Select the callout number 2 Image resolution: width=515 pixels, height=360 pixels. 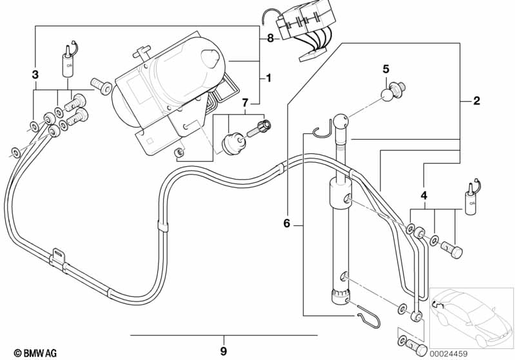[476, 100]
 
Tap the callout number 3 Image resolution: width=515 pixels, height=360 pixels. [35, 75]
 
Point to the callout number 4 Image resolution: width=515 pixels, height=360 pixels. [423, 195]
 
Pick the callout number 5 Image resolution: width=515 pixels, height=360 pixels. [386, 69]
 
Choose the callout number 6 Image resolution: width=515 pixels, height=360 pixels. [287, 223]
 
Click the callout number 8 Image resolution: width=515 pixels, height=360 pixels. [270, 38]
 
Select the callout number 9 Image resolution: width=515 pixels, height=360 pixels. [223, 352]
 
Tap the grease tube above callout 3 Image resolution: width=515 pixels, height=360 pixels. [68, 61]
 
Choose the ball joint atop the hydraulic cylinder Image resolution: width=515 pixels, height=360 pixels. [342, 120]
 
